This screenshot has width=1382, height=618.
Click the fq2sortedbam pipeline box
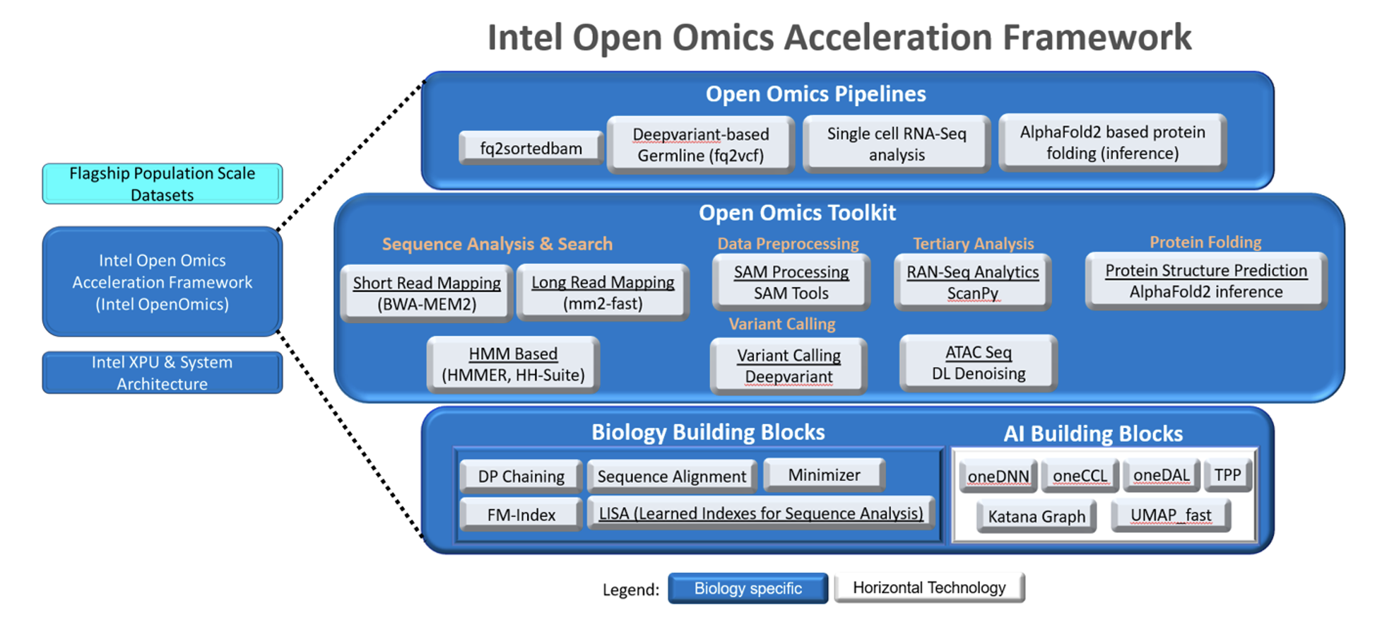pos(531,148)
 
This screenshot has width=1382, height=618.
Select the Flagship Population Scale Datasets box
pos(162,184)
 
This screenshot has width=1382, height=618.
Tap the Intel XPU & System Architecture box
pos(162,373)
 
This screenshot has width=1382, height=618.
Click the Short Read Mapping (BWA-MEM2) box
pos(426,293)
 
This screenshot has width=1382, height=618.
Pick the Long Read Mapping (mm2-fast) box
pos(603,292)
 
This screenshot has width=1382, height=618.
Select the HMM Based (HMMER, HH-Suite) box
pos(513,364)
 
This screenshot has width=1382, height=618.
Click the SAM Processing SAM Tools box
pos(791,282)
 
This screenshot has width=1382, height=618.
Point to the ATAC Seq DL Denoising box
pos(978,363)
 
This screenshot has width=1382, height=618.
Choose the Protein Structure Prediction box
pos(1205,281)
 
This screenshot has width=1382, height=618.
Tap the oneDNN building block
pos(998,477)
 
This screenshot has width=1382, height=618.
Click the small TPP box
pos(1227,475)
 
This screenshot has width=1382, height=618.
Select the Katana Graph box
pos(1036,516)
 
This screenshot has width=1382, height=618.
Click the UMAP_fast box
pos(1170,515)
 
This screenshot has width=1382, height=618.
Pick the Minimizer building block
pos(824,475)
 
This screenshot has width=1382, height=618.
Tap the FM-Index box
pos(521,515)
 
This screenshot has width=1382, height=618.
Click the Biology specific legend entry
pos(748,588)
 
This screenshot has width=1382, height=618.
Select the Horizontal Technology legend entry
pos(928,588)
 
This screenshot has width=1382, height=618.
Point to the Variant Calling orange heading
pos(781,324)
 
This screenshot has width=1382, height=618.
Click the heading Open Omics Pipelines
pos(815,94)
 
